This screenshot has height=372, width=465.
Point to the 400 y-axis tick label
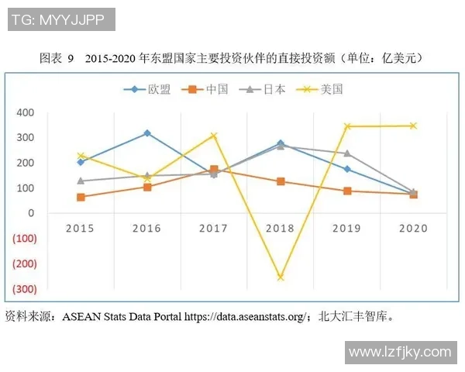pyautogui.click(x=26, y=112)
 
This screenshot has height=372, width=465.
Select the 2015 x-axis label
pyautogui.click(x=81, y=228)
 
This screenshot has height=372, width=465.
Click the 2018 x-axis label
pyautogui.click(x=280, y=228)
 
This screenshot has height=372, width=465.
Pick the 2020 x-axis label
pyautogui.click(x=412, y=228)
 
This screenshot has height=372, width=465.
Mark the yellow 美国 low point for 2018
pyautogui.click(x=280, y=277)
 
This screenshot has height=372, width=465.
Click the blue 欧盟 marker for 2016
pyautogui.click(x=147, y=133)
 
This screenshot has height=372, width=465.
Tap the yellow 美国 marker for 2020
pyautogui.click(x=413, y=126)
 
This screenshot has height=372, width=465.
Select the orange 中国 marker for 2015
pyautogui.click(x=81, y=197)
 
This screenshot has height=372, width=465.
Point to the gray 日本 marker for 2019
pyautogui.click(x=346, y=153)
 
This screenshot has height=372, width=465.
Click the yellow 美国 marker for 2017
pyautogui.click(x=214, y=136)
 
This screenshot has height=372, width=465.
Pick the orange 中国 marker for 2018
pyautogui.click(x=280, y=181)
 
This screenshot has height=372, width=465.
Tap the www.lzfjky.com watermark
pyautogui.click(x=399, y=352)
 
